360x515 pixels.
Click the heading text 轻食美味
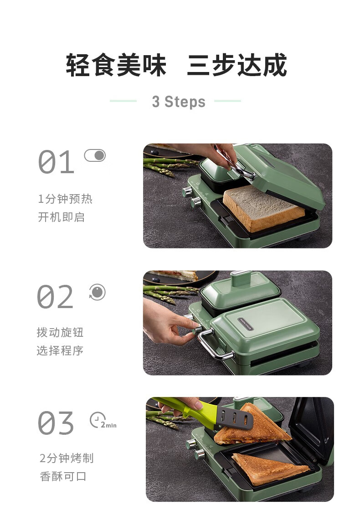[x=116, y=65]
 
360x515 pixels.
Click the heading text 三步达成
[x=237, y=65]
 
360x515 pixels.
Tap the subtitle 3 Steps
[x=179, y=102]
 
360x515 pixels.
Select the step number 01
[x=56, y=162]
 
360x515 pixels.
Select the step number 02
[x=55, y=297]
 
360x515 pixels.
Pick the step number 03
[x=56, y=422]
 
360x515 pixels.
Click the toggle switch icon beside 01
[x=95, y=155]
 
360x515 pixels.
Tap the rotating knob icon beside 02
[x=97, y=292]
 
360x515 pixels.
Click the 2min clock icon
[x=103, y=420]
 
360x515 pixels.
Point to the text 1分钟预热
[x=65, y=199]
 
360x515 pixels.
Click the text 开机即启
[x=62, y=217]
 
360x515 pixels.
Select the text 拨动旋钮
[x=60, y=332]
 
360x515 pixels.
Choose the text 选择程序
[x=60, y=351]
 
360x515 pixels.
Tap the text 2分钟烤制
[x=67, y=458]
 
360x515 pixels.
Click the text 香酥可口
[x=63, y=476]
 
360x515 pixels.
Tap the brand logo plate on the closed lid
[x=245, y=324]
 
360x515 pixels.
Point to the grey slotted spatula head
[x=235, y=417]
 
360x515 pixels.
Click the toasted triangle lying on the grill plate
[x=270, y=468]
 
